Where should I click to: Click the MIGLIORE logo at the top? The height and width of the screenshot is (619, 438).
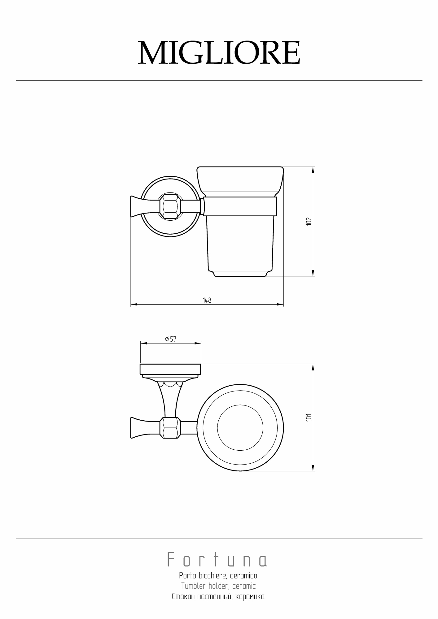[x=219, y=53]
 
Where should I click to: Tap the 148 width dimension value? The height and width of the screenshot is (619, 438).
[x=207, y=300]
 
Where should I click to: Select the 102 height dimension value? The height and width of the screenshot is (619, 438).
[x=309, y=221]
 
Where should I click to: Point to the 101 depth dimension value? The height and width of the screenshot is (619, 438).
[x=309, y=417]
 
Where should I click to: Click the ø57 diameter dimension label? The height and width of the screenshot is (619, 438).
[x=171, y=339]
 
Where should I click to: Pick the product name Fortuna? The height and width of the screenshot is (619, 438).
[x=217, y=559]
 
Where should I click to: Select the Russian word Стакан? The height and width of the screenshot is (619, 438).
[x=182, y=597]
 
